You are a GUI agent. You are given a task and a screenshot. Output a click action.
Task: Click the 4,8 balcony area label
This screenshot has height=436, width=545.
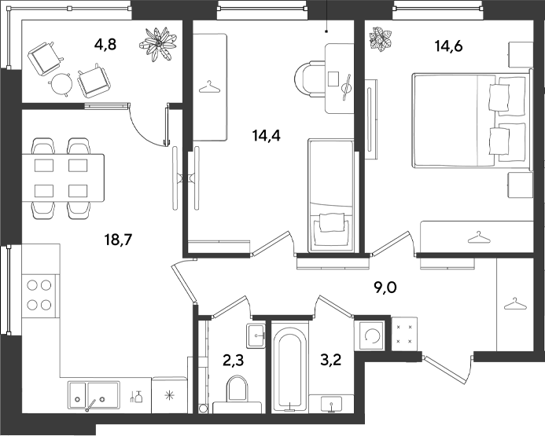(x=105, y=45)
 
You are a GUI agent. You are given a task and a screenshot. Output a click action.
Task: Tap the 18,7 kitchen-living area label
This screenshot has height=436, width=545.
(x=119, y=240)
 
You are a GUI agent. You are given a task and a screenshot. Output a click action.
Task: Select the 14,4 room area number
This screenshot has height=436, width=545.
(x=267, y=135)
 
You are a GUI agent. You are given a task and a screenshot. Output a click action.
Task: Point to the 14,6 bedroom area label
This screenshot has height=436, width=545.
(x=449, y=46)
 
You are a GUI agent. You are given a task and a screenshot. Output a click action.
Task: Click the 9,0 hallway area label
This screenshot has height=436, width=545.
(x=385, y=288)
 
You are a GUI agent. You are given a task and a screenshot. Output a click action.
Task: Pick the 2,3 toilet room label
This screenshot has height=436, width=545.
(x=234, y=361)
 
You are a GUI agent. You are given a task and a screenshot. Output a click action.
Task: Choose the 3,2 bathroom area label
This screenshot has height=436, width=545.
(x=330, y=360)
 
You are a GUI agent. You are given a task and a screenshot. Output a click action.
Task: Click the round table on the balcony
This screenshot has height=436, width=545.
(x=61, y=84)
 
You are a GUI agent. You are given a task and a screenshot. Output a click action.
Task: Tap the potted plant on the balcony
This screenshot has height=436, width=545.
(x=158, y=44)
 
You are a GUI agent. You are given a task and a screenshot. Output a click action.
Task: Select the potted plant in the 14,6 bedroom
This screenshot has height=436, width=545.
(x=381, y=39)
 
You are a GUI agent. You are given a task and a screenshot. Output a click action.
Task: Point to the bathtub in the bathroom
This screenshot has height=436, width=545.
(x=289, y=368)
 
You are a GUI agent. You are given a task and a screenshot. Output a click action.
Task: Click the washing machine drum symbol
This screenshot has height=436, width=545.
(x=371, y=336)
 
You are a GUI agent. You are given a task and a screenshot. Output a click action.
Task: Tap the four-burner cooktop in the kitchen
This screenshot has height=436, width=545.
(x=39, y=295)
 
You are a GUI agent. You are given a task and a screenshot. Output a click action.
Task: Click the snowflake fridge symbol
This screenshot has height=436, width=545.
(x=169, y=395)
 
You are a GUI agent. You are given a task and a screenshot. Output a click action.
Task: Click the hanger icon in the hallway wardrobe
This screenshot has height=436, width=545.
(x=515, y=304)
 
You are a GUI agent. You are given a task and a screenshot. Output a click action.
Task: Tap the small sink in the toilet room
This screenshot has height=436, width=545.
(x=256, y=335)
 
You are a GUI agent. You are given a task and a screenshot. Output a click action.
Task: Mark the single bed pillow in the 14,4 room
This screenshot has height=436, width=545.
(x=332, y=222)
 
